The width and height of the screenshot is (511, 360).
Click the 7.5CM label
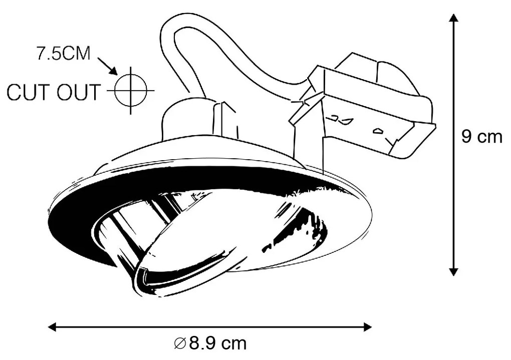[63, 54]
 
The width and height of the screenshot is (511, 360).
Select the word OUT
[79, 92]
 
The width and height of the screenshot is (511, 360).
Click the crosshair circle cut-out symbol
[131, 90]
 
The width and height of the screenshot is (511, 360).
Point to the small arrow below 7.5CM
[108, 66]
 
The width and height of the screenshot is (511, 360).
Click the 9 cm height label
[482, 137]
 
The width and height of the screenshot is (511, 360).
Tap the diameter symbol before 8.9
[180, 343]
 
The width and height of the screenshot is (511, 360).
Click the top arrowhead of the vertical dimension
[453, 18]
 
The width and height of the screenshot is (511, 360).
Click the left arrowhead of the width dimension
[52, 327]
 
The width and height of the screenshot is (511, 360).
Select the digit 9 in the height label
[466, 137]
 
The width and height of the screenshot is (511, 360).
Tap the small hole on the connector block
[378, 131]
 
